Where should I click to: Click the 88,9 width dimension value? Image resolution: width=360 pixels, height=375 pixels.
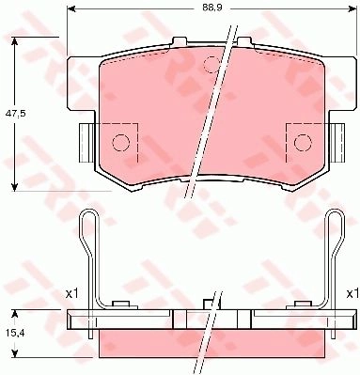tap(211, 8)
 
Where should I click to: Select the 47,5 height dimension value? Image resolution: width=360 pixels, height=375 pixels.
tap(14, 114)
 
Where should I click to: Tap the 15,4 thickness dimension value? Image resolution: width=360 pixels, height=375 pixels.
tap(14, 334)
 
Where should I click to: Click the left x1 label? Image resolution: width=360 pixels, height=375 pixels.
tap(71, 293)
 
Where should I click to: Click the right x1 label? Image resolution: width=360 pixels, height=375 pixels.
tap(352, 293)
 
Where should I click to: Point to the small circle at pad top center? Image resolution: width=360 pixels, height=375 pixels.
tap(212, 65)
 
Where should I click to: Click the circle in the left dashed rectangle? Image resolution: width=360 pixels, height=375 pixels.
tap(120, 143)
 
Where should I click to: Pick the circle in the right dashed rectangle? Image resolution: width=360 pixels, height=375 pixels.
tap(303, 143)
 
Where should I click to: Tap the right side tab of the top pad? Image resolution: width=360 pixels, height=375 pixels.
tap(337, 143)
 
